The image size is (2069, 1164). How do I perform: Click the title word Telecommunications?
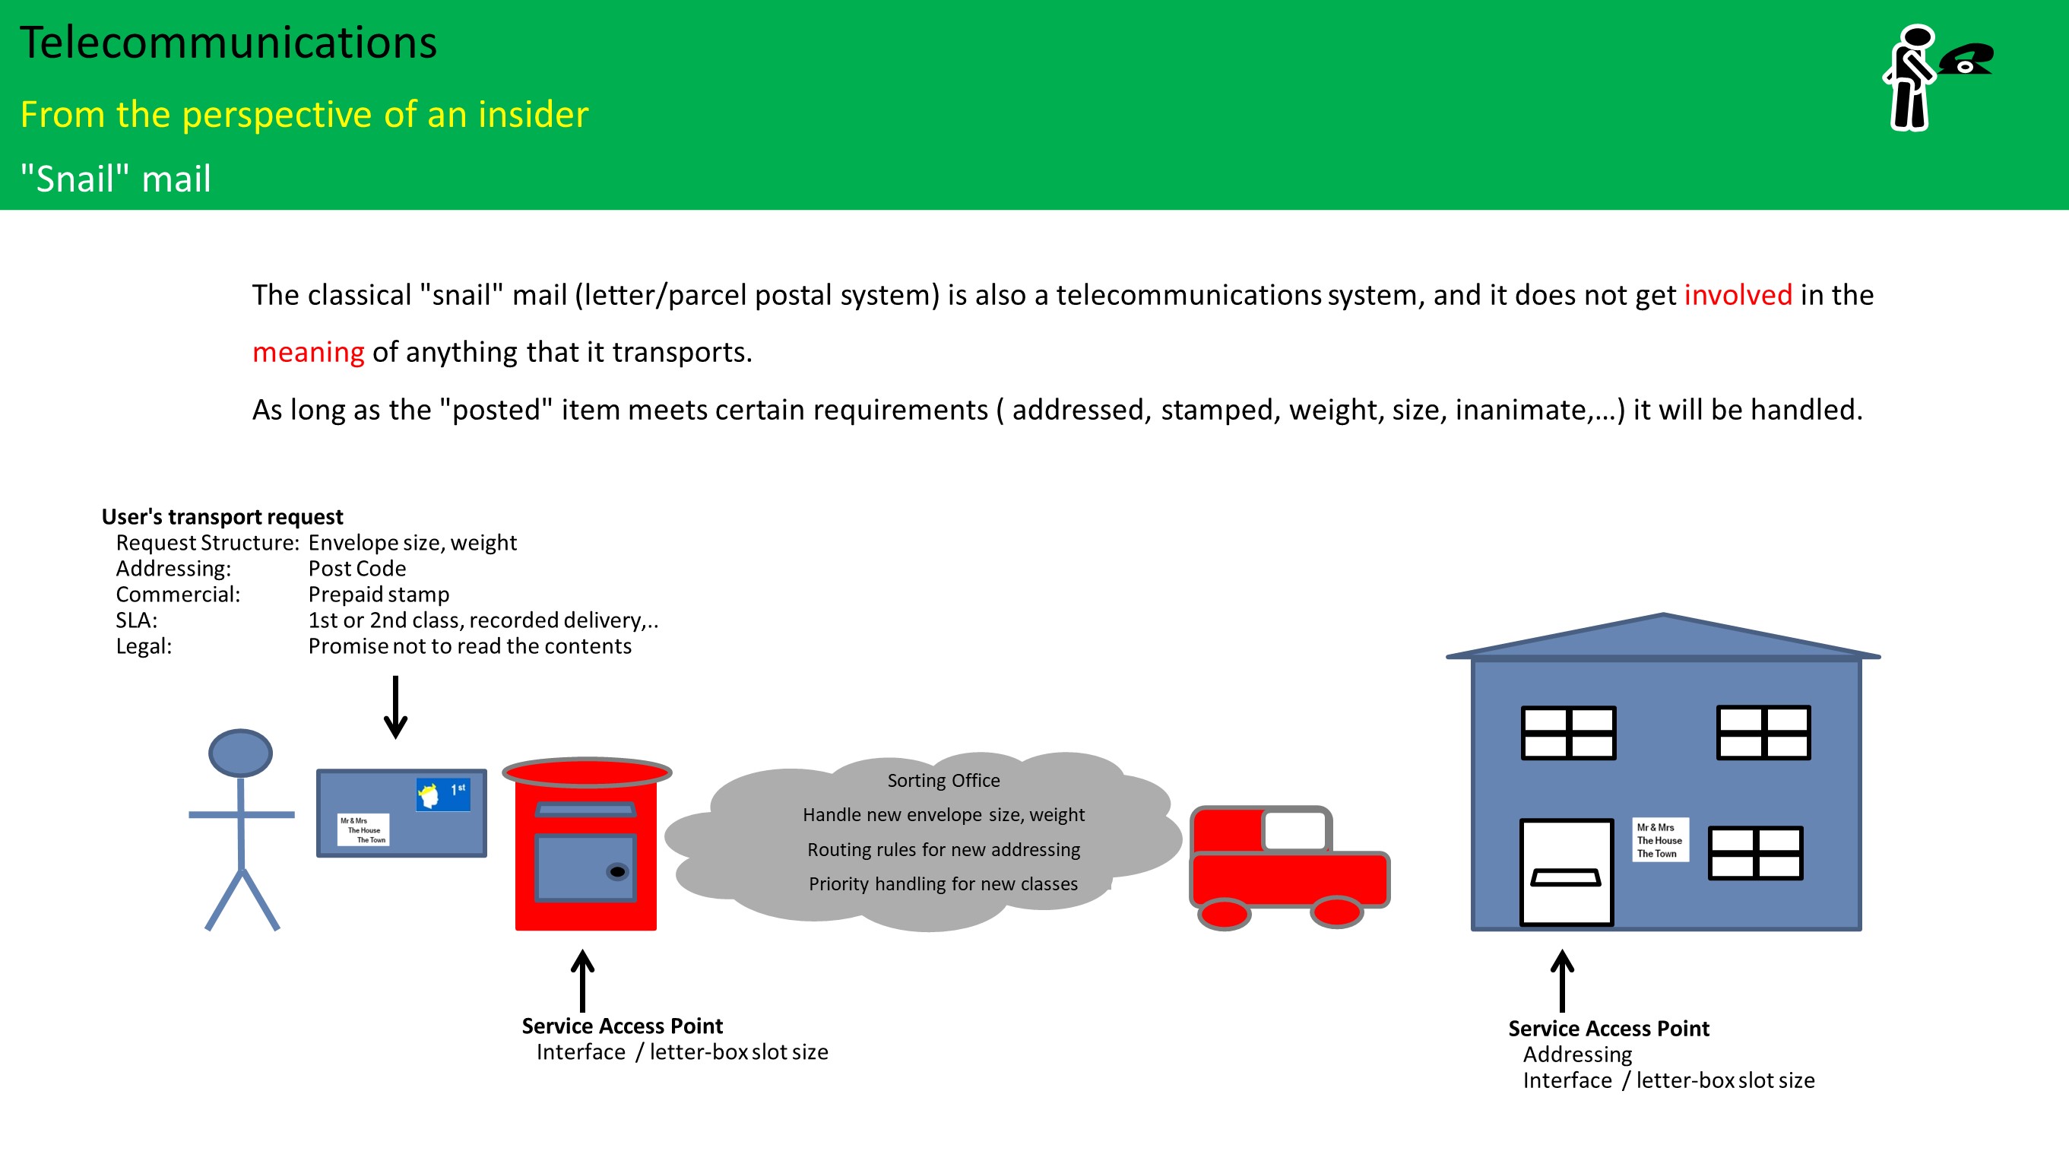pos(228,43)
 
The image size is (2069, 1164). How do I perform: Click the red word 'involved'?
pos(1738,295)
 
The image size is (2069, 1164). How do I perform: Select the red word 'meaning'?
pos(308,352)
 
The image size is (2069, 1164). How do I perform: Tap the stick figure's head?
pos(240,753)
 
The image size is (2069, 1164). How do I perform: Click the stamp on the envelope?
pos(442,794)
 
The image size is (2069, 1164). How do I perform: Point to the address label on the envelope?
pos(363,829)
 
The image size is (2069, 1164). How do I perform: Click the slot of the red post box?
pos(585,810)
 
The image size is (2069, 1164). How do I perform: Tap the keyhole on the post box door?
pos(617,871)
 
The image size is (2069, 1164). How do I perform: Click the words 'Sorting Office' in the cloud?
pos(943,780)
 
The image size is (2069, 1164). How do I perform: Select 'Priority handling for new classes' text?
pos(943,883)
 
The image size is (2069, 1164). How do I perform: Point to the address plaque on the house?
pos(1659,840)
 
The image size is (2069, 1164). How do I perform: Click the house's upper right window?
pos(1763,732)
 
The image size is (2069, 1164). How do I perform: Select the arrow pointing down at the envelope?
pos(395,707)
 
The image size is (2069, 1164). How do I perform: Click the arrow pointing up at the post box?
pos(582,980)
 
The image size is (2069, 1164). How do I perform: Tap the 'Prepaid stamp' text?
pos(379,595)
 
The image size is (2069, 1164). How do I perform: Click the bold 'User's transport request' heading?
pos(222,516)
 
